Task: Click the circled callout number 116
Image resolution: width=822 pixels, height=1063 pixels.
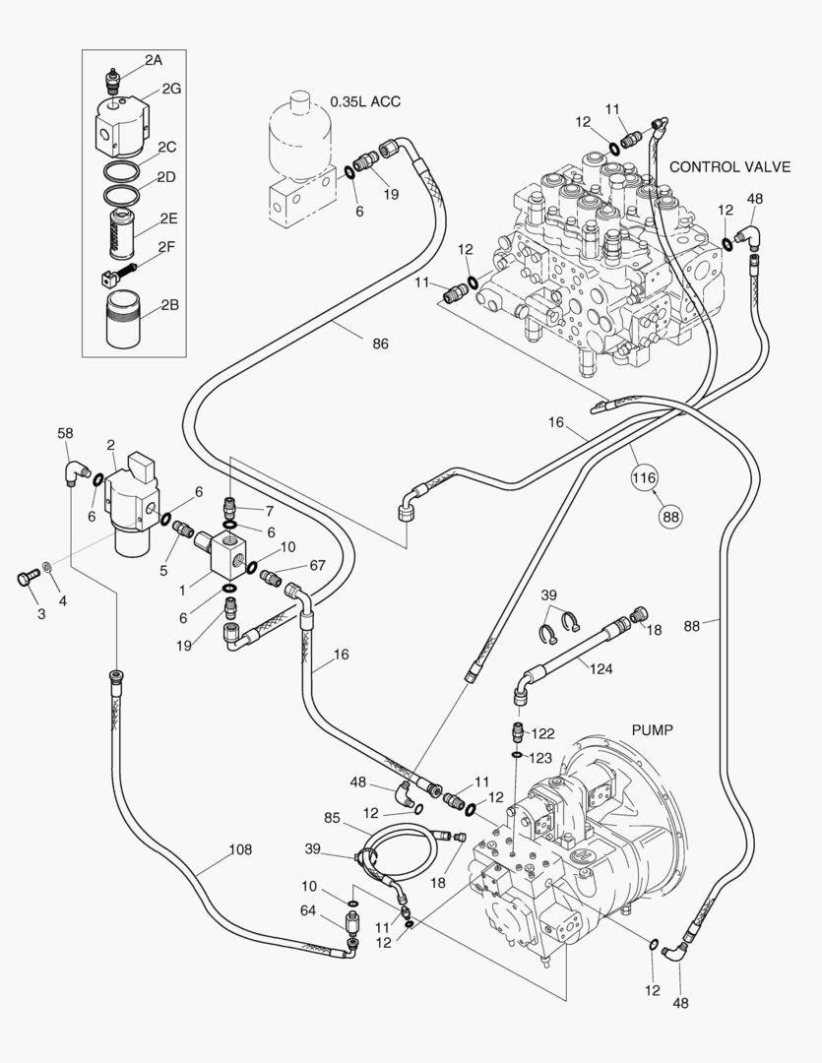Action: pos(644,477)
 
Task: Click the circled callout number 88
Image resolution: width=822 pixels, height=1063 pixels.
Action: pos(670,517)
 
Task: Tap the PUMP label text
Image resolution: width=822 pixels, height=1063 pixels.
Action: pos(653,730)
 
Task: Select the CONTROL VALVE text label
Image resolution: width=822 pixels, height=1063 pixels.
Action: pos(729,166)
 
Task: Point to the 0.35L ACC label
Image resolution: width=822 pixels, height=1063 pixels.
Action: pos(365,101)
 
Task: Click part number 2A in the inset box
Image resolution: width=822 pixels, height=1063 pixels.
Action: pos(154,60)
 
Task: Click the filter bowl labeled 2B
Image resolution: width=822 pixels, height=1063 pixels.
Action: pos(123,319)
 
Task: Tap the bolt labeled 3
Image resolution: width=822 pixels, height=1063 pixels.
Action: pos(28,579)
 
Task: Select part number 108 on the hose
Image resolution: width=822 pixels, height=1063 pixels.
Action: pos(240,849)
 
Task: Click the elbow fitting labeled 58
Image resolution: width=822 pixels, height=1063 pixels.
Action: pos(76,471)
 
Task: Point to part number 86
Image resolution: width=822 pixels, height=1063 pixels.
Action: pos(380,344)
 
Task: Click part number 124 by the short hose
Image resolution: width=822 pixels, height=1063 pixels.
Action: pos(601,669)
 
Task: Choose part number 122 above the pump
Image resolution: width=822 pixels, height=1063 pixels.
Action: pos(542,733)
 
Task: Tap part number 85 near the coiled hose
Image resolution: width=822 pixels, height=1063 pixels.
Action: pos(332,818)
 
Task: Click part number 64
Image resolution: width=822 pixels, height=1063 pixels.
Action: pos(308,910)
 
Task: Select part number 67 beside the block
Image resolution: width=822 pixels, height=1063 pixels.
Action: pos(317,565)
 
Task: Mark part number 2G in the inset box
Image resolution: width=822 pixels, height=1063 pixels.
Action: pos(171,89)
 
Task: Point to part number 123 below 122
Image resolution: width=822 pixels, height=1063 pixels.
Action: pos(539,758)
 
